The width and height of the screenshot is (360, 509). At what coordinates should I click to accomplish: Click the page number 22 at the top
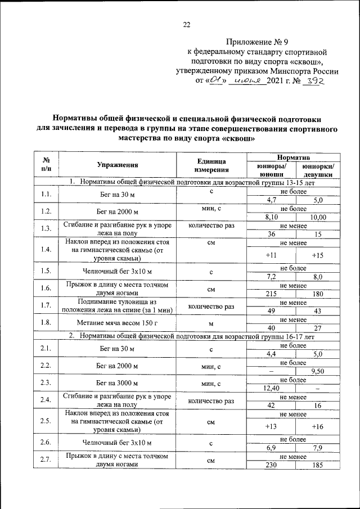(187, 24)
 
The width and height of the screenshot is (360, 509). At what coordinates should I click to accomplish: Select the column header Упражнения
(117, 165)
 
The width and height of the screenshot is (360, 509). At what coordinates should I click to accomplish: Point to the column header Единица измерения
(211, 165)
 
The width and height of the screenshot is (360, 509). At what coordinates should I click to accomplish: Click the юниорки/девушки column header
(318, 170)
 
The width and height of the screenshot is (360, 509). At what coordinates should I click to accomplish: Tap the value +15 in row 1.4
(318, 255)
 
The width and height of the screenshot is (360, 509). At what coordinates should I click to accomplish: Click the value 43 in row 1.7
(318, 311)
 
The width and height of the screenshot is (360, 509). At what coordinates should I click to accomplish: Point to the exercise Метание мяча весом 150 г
(117, 324)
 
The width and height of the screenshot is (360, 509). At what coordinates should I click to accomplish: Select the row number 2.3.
(46, 383)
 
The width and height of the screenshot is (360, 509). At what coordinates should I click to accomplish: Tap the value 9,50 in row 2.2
(318, 371)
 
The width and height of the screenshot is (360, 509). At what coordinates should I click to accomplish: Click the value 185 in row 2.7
(318, 465)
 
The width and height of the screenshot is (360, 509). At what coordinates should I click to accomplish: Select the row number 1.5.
(46, 272)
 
